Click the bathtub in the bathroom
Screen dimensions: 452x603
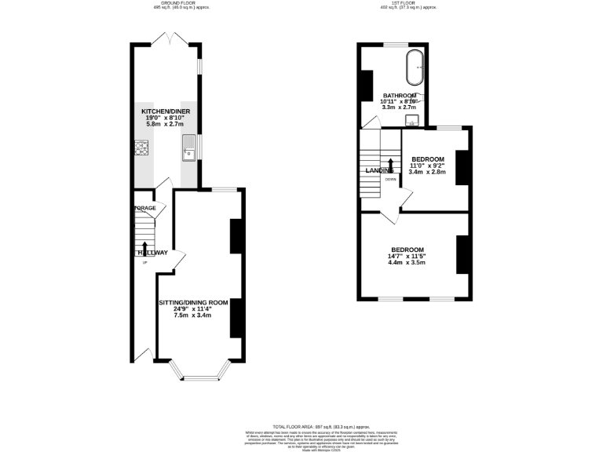click(x=414, y=68)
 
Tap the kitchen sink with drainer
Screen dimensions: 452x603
click(x=188, y=149)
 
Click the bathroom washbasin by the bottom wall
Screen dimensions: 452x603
click(x=411, y=120)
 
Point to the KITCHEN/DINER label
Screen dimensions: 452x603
click(x=166, y=111)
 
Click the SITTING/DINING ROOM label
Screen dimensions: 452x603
click(x=193, y=302)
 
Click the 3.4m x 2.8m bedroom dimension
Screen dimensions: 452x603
click(x=427, y=172)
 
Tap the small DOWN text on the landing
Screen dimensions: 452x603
click(x=390, y=179)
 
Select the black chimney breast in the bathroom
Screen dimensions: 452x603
click(x=366, y=86)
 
